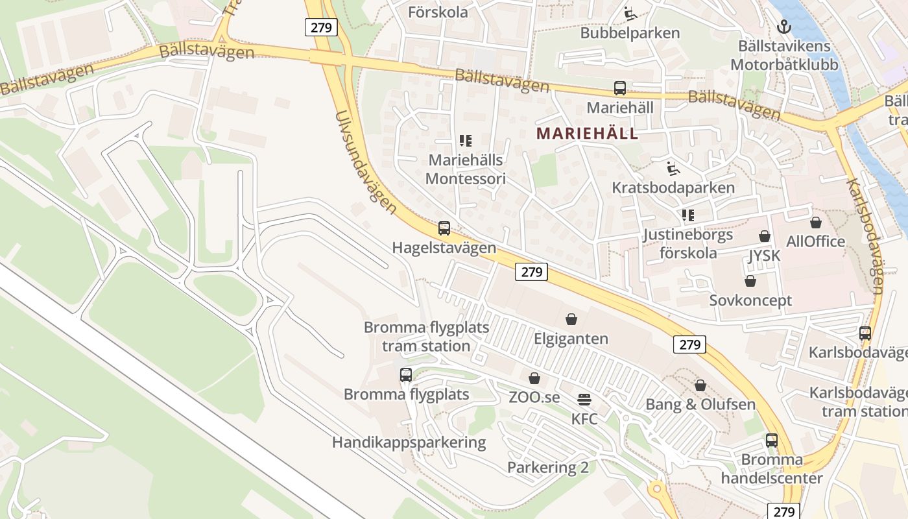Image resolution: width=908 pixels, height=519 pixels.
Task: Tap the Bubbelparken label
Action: point(630,33)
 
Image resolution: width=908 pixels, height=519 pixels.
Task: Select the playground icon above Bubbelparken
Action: point(628,12)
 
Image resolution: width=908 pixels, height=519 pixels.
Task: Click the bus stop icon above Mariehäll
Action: point(620,88)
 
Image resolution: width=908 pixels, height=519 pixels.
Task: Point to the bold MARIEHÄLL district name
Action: point(588,134)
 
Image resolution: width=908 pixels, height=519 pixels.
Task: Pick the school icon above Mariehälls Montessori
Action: point(465,140)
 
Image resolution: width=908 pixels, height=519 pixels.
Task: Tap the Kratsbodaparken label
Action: point(673,188)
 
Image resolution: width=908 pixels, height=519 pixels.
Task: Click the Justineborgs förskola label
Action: point(687,243)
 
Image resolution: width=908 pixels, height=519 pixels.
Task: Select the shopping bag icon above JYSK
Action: point(765,236)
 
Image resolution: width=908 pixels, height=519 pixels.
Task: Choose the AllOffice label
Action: point(815,242)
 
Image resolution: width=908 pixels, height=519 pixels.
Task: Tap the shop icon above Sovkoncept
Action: point(750,281)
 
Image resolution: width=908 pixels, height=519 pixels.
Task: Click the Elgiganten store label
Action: point(571,339)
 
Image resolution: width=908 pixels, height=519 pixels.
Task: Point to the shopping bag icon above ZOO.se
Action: point(534,378)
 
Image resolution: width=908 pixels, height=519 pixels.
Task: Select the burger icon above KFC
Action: point(584,398)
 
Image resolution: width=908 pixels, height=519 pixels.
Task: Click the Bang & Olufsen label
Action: point(700,405)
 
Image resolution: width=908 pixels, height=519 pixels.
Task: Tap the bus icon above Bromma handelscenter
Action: point(772,441)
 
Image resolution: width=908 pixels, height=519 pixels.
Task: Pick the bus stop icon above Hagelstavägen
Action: point(444,228)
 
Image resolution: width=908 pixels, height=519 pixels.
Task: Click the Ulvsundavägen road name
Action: point(365,162)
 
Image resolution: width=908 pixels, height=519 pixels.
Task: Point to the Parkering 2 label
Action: point(547,467)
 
